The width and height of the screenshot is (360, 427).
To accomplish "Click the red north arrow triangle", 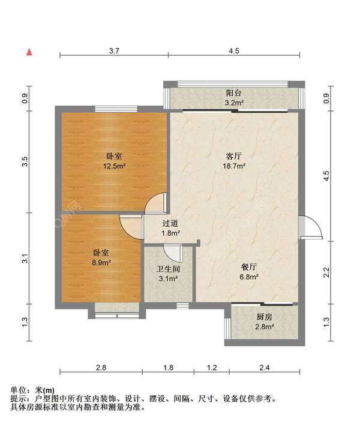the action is point(29,52).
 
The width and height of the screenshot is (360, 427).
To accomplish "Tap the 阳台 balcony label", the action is point(234,93).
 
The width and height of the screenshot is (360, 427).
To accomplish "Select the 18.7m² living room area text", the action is point(234,166).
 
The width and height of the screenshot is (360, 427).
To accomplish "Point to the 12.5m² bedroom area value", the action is point(114,166).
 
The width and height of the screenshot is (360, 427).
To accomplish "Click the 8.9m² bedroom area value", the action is point(101,263).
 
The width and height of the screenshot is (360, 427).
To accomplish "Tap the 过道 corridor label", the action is point(170,224).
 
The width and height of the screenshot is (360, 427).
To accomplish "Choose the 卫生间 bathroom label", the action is point(168,269).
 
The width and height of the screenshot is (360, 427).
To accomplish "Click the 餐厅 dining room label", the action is point(249,267).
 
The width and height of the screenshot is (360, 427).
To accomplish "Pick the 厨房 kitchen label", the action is point(265,317).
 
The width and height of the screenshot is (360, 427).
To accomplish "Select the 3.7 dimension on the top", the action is point(114,50).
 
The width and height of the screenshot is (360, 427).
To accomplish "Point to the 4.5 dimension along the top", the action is point(234,50).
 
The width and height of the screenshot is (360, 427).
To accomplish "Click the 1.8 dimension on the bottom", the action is point(169,368).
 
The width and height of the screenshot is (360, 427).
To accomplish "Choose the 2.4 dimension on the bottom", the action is point(265,368).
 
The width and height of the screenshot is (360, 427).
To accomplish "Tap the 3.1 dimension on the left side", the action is point(25,258).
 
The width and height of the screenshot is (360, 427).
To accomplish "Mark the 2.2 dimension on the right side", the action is point(326,272).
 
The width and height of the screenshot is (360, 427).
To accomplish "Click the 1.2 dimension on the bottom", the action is point(212,368).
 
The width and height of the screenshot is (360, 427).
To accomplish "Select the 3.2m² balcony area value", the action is point(234,103).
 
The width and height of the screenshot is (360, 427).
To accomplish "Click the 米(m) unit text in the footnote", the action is point(45,391).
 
